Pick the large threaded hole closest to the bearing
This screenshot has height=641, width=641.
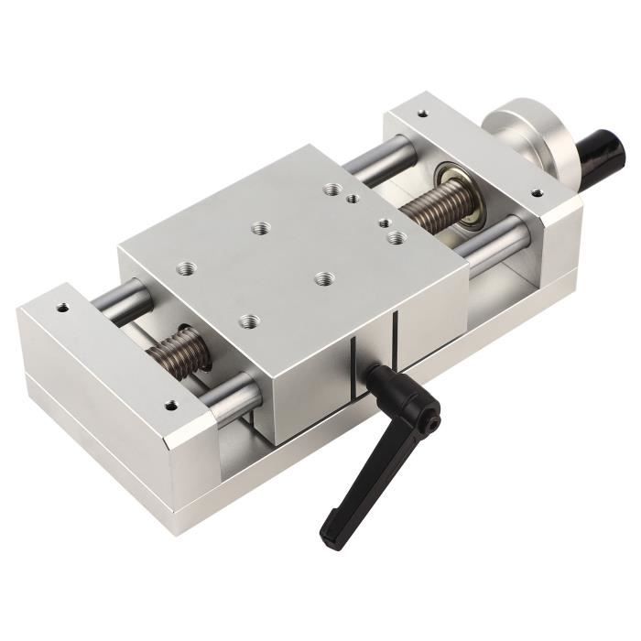pyautogui.click(x=397, y=237)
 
